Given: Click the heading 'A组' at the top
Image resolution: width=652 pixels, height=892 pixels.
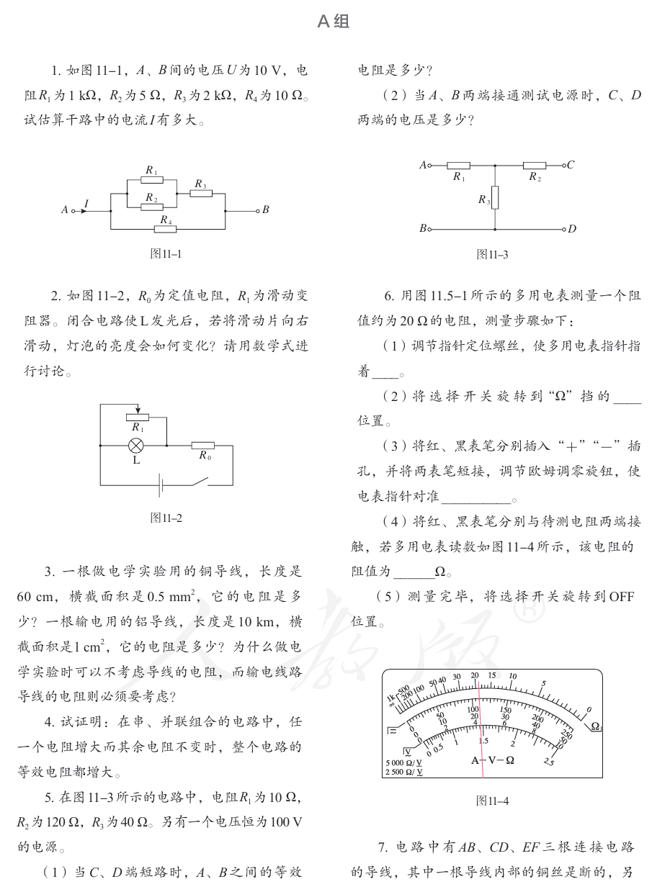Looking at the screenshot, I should click(333, 22).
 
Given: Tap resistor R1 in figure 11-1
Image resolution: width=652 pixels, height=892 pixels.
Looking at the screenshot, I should click(151, 180).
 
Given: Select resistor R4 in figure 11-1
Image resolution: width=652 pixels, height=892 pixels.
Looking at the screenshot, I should click(166, 229).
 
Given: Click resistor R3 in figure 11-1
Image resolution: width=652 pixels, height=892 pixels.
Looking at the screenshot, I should click(201, 194).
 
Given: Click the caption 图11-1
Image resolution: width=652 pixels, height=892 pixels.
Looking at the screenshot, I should click(166, 253).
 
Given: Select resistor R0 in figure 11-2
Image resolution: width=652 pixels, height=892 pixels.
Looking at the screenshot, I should click(203, 446).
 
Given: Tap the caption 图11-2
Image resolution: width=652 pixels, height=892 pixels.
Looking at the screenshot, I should click(166, 518).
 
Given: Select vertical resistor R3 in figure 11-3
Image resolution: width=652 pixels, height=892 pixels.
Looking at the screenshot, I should click(495, 196).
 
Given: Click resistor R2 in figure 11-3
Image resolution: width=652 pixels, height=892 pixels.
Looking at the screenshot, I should click(534, 165).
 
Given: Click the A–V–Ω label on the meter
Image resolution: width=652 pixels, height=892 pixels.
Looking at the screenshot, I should click(493, 760).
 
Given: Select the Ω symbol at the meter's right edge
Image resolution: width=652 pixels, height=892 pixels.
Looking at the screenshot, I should click(595, 726).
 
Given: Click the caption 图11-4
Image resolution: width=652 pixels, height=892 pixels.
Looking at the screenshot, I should click(493, 801).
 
